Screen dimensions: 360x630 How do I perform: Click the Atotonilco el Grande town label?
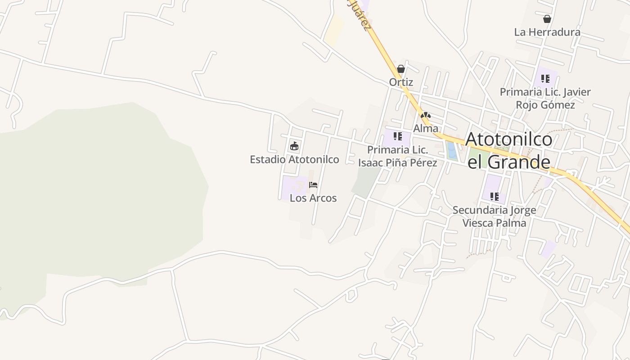(509, 151)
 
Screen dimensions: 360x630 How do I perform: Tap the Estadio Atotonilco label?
(294, 159)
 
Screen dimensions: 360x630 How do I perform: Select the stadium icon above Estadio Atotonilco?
(294, 146)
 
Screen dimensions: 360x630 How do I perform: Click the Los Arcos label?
(313, 198)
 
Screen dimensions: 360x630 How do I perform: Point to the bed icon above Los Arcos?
(313, 184)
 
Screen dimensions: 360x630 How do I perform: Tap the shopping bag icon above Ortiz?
(401, 69)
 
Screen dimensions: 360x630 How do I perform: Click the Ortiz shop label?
(401, 82)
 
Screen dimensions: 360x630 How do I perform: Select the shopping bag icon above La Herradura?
(547, 19)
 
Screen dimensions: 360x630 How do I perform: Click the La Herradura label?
(547, 32)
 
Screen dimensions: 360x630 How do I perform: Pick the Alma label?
(426, 128)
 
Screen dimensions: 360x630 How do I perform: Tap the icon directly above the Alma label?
(426, 116)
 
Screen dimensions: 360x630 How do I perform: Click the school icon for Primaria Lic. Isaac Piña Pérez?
(397, 136)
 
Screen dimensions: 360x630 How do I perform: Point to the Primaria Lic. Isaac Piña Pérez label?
(397, 156)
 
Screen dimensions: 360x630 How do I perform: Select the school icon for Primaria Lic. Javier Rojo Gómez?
(545, 79)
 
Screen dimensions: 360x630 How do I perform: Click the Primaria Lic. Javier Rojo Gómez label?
(545, 99)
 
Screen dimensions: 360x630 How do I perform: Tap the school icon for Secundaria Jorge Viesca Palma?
(494, 197)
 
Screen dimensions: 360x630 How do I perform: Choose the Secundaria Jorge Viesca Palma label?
(494, 216)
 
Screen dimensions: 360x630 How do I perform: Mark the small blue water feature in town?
(452, 151)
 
